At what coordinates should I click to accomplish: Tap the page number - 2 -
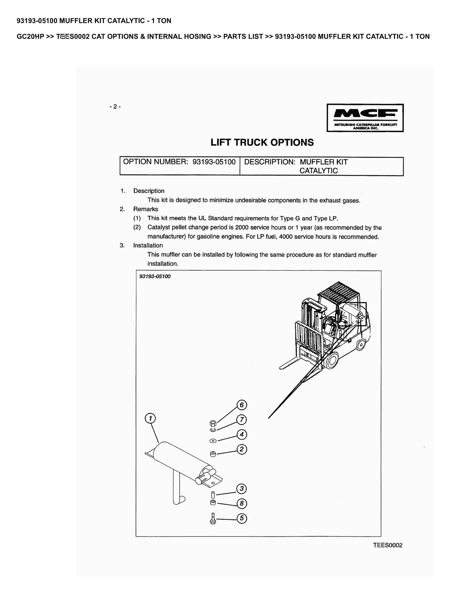point(115,106)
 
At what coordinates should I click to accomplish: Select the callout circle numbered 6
point(242,405)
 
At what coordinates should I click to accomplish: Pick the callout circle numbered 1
point(150,418)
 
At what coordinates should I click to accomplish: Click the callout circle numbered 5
point(242,518)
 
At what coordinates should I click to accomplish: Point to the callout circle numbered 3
point(242,488)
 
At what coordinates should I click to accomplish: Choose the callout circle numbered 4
point(242,434)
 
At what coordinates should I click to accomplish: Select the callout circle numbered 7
point(242,420)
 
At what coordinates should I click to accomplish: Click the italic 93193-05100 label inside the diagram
point(155,276)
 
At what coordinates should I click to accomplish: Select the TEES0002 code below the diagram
point(387,545)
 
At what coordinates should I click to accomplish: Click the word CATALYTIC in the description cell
point(318,171)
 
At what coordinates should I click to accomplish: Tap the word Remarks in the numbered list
point(145,209)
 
